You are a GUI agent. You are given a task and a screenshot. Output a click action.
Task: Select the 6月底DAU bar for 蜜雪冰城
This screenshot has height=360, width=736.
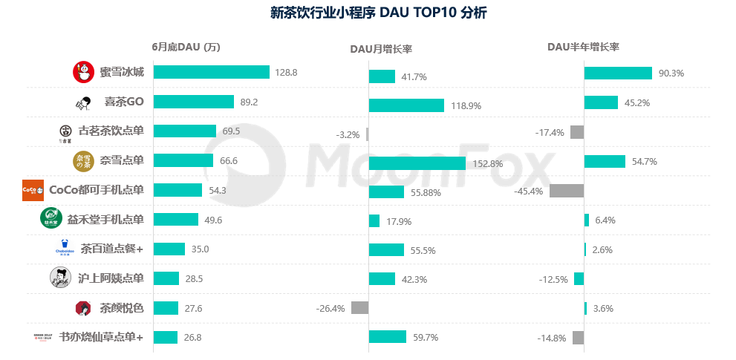coord(211,72)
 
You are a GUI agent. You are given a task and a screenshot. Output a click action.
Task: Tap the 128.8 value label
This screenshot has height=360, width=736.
coord(286,73)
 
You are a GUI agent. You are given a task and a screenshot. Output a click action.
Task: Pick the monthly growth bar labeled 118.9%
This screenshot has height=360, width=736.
coord(406,105)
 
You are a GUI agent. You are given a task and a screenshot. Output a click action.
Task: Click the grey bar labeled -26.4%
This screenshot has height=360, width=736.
coord(360,308)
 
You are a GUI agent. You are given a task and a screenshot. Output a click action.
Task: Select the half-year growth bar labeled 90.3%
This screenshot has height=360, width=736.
coord(618,73)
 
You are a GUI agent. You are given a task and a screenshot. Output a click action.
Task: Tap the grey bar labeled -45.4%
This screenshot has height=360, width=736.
coord(566,191)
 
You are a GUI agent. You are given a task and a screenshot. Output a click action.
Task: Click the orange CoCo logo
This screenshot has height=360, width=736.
coord(33,190)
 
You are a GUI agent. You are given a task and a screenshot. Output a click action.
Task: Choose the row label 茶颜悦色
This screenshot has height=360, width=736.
coord(121,308)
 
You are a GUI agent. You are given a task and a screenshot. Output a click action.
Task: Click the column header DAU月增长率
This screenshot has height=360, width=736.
coord(381,48)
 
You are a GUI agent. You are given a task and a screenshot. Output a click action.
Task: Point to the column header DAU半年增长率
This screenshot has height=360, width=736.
coord(583,47)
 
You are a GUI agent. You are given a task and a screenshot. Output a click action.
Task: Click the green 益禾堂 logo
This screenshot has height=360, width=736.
coord(51,219)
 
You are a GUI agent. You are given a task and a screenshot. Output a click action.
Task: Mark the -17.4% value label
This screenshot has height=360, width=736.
coord(550,133)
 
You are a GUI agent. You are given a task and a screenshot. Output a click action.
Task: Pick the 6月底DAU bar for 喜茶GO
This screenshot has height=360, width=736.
coord(193,102)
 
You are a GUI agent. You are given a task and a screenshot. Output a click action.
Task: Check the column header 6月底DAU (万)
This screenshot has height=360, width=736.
coord(186,47)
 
